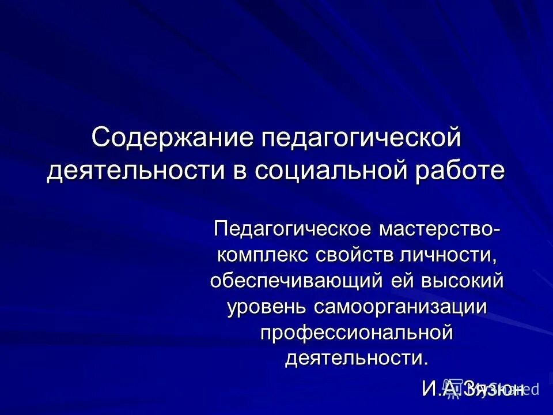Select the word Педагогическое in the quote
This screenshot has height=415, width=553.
[292, 229]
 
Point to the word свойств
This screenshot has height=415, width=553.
[357, 255]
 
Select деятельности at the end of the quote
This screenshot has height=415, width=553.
[356, 358]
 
